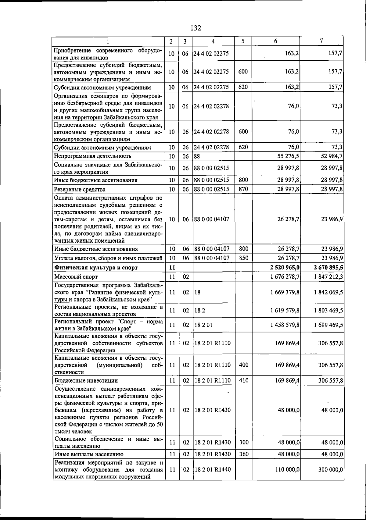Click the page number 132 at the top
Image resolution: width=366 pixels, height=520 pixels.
(x=196, y=28)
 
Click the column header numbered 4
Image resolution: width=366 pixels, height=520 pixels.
(x=213, y=41)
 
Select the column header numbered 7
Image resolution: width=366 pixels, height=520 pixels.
(x=321, y=41)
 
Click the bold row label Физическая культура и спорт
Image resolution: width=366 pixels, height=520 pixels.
(x=96, y=268)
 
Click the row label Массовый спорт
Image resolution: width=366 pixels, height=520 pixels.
(x=76, y=277)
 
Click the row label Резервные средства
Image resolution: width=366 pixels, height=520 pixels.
(x=80, y=189)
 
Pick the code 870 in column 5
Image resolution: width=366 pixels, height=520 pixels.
(x=243, y=189)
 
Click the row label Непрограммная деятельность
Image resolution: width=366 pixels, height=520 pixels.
(x=93, y=156)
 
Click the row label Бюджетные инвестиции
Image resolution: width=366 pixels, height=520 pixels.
(x=86, y=380)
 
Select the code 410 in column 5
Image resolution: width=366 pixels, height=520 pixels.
(x=243, y=380)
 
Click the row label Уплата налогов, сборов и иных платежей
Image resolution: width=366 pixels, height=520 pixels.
(x=108, y=258)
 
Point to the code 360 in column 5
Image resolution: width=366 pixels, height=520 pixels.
(x=243, y=454)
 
